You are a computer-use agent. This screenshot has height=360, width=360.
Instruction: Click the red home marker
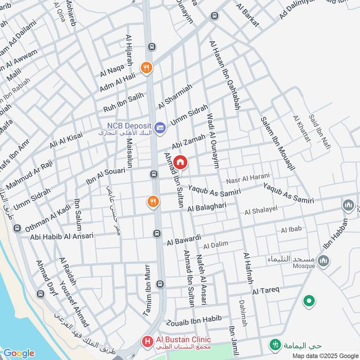[180, 162]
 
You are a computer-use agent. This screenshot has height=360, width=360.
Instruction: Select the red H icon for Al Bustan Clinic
[147, 342]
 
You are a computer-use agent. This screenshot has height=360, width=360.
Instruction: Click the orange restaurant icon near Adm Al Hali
[146, 68]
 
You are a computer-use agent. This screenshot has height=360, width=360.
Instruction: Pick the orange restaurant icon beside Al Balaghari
[153, 202]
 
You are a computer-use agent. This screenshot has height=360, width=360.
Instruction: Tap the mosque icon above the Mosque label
[323, 260]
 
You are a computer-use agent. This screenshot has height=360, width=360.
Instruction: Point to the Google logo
[18, 353]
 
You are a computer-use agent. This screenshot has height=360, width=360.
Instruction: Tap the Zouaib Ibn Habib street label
[194, 321]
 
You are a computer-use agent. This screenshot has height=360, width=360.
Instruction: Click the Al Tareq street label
[266, 290]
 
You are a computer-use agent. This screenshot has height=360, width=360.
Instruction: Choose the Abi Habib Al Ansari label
[62, 236]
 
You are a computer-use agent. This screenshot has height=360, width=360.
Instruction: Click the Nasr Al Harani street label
[248, 178]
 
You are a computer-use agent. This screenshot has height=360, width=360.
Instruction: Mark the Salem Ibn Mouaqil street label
[278, 143]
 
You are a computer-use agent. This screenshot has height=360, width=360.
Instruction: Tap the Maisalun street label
[130, 153]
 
